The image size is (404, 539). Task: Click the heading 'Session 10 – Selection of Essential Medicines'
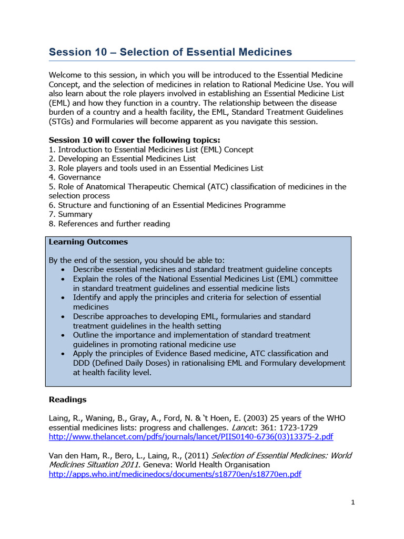(x=170, y=52)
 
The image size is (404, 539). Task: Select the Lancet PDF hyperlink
(x=191, y=437)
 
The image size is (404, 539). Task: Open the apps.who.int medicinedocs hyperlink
(x=175, y=474)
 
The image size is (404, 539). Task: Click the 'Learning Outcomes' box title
(x=88, y=242)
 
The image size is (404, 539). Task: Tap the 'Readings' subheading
(x=68, y=400)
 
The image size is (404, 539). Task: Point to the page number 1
(x=353, y=502)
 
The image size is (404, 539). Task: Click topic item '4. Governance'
(x=75, y=177)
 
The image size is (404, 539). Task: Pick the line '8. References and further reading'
(x=109, y=224)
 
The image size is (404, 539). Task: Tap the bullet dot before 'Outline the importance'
(x=64, y=335)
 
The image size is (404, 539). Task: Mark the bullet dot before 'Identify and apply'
(x=64, y=298)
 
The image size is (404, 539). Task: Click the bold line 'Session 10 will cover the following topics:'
(x=135, y=140)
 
